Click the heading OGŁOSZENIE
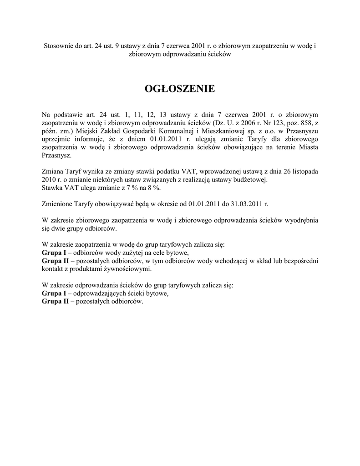click(x=180, y=88)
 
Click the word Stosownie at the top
click(x=58, y=46)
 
